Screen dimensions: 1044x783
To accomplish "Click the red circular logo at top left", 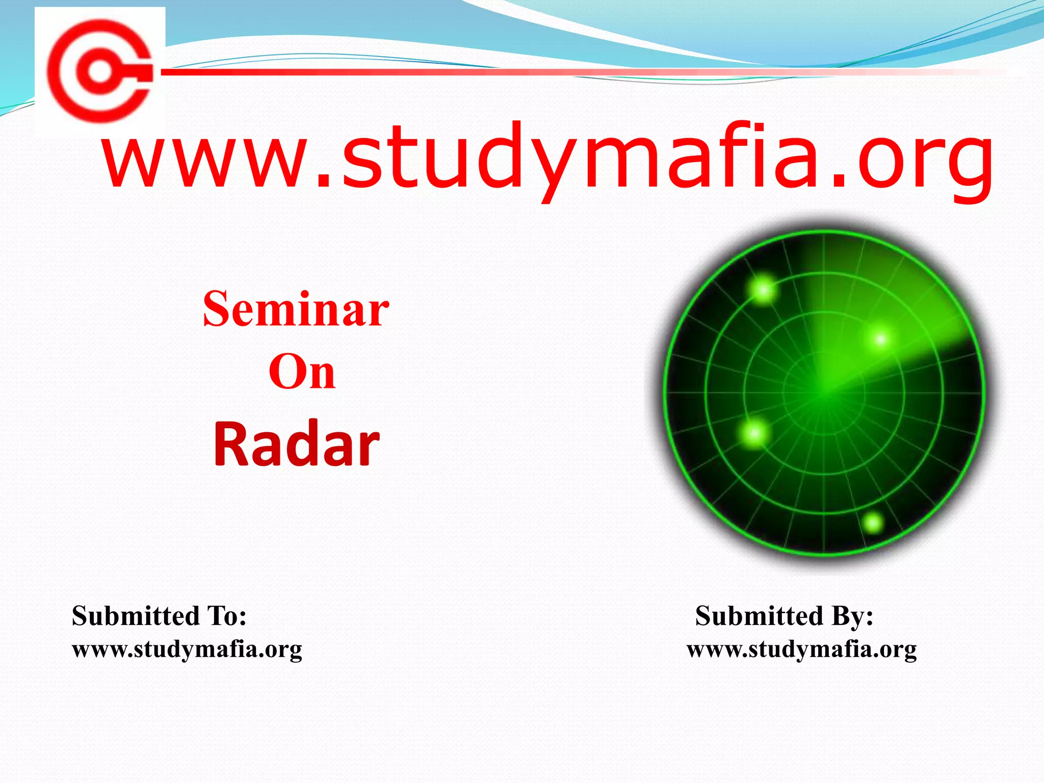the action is click(99, 71).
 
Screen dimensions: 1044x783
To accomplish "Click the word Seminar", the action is click(296, 309).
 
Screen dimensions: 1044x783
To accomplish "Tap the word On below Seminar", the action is click(302, 372).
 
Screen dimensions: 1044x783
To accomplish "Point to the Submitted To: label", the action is click(159, 616).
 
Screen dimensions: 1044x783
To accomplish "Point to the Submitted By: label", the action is click(784, 616).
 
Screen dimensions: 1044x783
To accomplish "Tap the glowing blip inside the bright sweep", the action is click(881, 339).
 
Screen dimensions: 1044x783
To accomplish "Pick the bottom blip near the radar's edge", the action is click(873, 523).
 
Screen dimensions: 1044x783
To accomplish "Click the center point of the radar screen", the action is click(824, 393).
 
